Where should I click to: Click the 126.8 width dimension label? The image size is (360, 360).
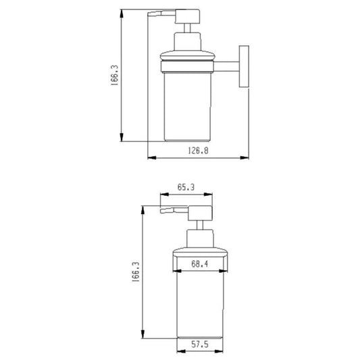(x=198, y=151)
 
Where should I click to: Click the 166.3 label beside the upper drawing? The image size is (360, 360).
(x=114, y=75)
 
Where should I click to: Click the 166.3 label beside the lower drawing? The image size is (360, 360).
(x=136, y=272)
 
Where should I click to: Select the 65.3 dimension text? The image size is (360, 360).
(x=186, y=187)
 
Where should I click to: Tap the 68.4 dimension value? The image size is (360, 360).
(x=200, y=264)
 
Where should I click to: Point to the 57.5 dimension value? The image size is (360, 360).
(x=200, y=344)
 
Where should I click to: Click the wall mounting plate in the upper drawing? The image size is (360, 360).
(x=244, y=67)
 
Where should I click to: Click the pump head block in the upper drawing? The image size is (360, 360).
(x=187, y=16)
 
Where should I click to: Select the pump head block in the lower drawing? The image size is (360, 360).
(x=200, y=213)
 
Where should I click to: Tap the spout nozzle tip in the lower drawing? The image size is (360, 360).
(x=163, y=211)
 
